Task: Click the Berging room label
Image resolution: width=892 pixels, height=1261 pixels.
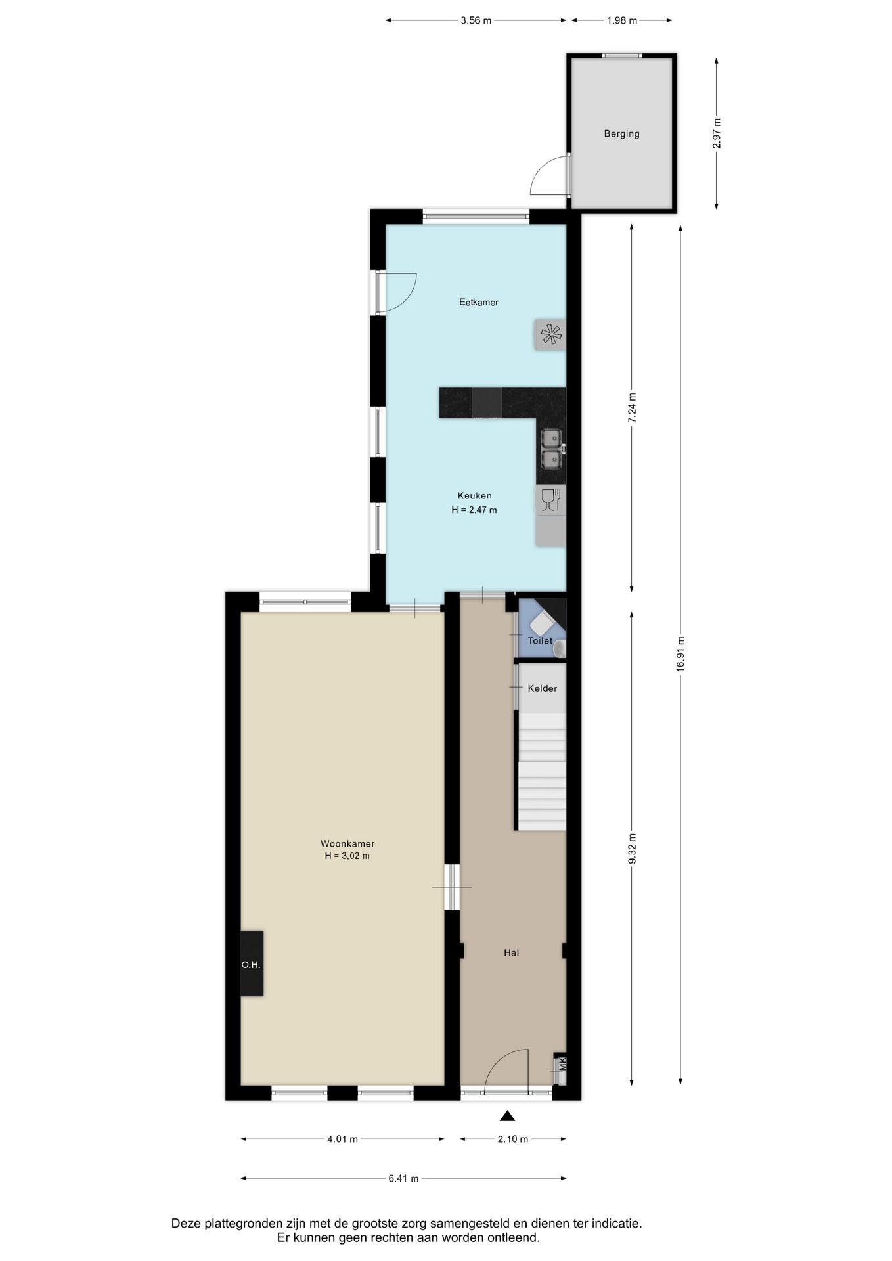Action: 621,134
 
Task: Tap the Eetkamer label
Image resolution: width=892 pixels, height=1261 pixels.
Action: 478,303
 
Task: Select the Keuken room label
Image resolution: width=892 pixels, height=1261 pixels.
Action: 474,496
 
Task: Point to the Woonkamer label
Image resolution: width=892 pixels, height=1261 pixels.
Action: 347,844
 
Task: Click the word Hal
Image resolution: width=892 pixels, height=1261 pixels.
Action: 511,952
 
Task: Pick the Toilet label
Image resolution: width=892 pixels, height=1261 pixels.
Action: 540,640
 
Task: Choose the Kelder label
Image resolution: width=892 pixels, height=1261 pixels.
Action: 542,688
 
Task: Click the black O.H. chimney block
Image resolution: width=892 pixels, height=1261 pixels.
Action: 252,963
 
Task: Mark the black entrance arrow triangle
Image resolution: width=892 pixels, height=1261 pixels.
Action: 507,1115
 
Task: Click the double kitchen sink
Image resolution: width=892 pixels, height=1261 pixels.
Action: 552,449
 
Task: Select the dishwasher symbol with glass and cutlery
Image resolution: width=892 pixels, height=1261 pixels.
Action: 550,500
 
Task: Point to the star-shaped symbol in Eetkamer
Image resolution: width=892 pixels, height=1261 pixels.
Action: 551,335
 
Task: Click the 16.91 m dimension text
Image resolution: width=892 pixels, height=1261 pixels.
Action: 680,653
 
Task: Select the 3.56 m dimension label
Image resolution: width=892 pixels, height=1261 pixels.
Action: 476,20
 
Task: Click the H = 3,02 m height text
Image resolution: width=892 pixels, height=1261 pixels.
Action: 347,856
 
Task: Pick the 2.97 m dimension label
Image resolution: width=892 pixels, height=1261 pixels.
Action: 717,133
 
